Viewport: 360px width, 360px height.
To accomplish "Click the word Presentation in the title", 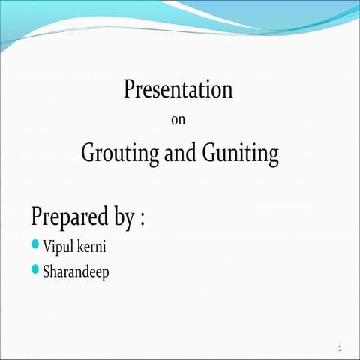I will [178, 90].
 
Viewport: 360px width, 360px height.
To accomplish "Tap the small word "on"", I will [178, 119].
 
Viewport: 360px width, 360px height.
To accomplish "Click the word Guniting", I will [240, 154].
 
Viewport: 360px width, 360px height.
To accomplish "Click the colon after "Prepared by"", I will [142, 220].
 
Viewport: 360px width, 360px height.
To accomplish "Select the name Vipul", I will [58, 246].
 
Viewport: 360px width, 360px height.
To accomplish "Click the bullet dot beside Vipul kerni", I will [36, 244].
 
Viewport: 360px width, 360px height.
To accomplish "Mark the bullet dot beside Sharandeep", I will [36, 269].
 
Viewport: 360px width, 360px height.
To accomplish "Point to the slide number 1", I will [340, 348].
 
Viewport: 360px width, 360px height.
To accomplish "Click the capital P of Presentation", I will [129, 90].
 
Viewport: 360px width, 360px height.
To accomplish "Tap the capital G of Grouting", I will [88, 154].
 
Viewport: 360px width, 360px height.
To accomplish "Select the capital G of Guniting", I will [210, 154].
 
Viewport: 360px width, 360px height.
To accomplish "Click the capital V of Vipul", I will [47, 246].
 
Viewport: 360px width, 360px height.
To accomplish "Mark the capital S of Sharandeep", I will [46, 271].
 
